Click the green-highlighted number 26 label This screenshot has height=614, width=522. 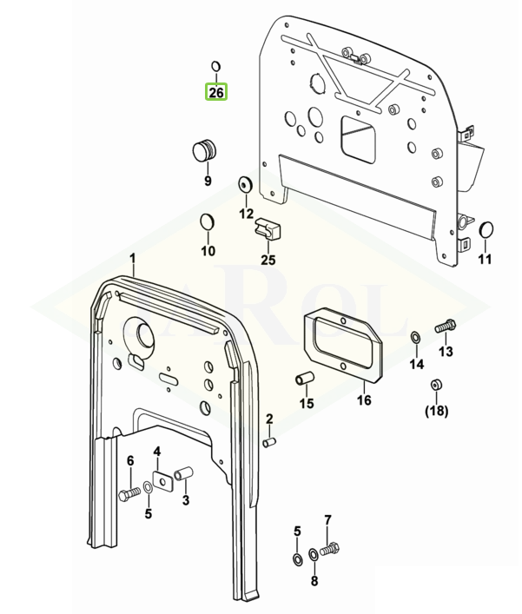pos(215,90)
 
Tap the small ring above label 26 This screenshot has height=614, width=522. pos(216,66)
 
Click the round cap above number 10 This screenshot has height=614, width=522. pos(208,221)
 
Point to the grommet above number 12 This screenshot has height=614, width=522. pos(245,184)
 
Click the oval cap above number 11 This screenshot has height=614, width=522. pos(486,230)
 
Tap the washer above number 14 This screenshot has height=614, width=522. pos(416,336)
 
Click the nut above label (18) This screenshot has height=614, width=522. pos(436,385)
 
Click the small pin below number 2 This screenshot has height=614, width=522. pos(269,443)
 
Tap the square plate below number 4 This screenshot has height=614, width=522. pos(160,480)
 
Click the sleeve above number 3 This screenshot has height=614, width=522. pos(184,474)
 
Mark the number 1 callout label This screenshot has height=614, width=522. pos(133,259)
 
